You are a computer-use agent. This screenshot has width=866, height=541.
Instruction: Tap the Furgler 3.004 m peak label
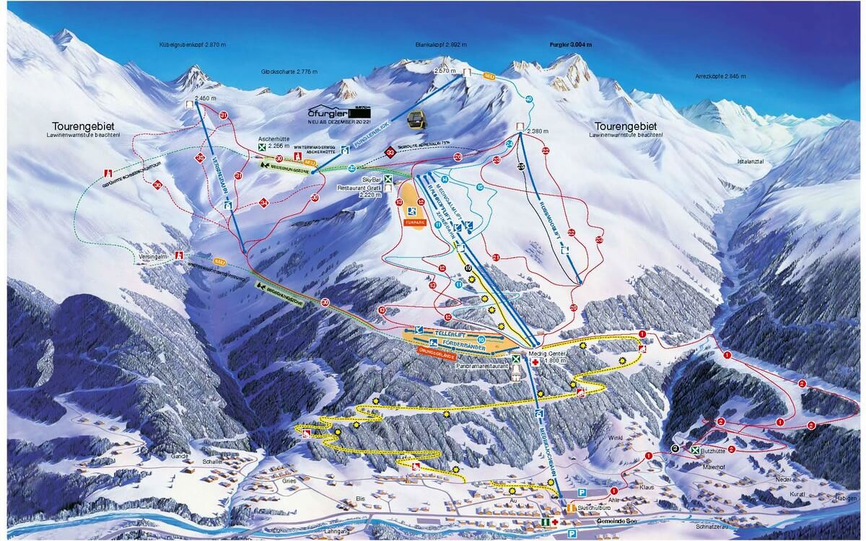[x=570, y=44]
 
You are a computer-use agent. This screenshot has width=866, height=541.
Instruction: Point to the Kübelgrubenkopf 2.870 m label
[x=193, y=44]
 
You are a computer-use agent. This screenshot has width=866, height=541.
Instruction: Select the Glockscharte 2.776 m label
[x=290, y=72]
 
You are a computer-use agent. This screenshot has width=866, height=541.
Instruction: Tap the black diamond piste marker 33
[x=390, y=151]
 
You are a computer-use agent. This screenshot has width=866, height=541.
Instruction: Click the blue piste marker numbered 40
[x=529, y=99]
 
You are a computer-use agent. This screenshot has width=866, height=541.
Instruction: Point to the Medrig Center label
[x=563, y=354]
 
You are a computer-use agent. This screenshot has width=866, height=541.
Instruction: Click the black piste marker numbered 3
[x=674, y=448]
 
